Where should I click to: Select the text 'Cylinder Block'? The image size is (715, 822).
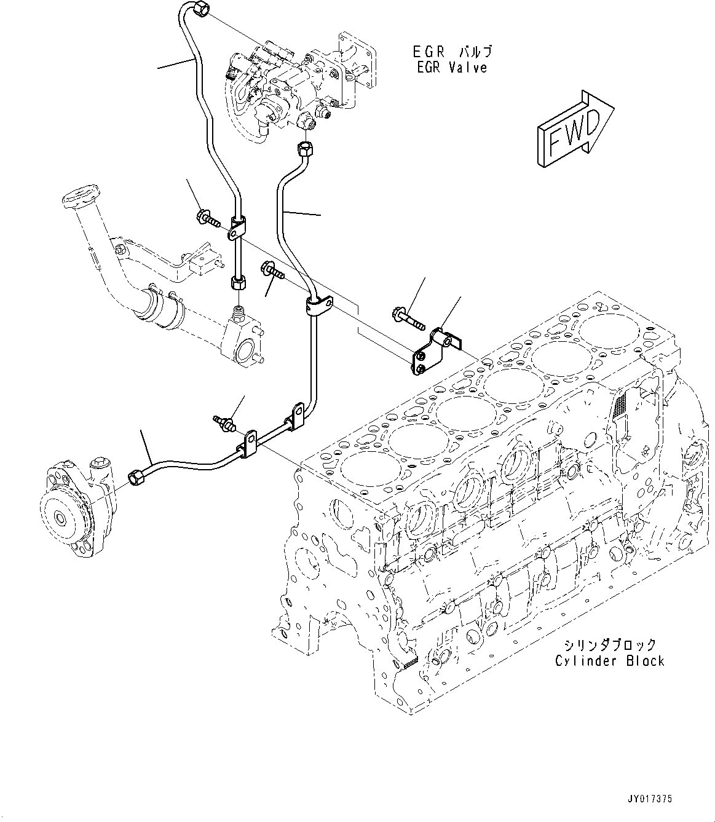(609, 661)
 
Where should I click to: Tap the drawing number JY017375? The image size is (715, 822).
(650, 799)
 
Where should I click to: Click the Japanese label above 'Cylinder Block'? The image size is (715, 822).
(609, 645)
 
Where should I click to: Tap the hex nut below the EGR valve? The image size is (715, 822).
(306, 148)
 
